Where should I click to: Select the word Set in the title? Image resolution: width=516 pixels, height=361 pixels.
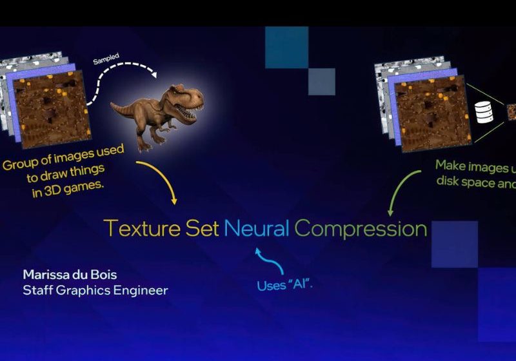point(203,229)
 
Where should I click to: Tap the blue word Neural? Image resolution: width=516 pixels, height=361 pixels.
point(257,229)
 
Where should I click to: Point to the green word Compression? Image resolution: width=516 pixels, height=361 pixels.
point(361,229)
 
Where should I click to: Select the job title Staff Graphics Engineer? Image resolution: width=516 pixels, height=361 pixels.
point(95,290)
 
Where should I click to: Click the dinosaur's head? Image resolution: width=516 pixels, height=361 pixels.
point(187,103)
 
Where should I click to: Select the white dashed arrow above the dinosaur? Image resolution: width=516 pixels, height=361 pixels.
point(129,71)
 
